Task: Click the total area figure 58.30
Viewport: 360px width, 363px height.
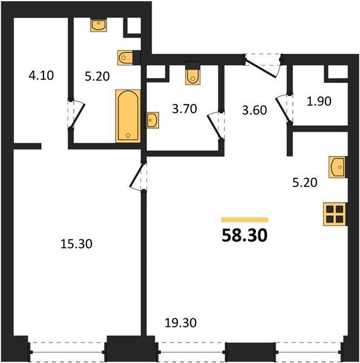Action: (244, 235)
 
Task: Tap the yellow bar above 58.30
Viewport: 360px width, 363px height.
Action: (244, 220)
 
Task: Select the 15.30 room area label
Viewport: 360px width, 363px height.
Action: (76, 244)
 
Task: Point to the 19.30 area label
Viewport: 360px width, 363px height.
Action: (180, 322)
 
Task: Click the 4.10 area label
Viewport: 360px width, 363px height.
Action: (41, 76)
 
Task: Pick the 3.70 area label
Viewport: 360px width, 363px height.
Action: (185, 109)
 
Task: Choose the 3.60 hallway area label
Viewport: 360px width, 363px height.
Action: (255, 110)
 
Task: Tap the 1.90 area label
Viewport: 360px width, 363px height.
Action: (319, 101)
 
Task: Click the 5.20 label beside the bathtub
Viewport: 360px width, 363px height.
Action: (97, 76)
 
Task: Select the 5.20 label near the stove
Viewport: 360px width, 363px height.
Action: (305, 183)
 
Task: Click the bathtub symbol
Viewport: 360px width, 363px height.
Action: (128, 116)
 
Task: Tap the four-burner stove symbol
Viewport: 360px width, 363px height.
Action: (335, 214)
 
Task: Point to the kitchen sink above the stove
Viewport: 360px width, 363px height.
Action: (338, 167)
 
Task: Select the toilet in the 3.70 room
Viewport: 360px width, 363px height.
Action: (192, 74)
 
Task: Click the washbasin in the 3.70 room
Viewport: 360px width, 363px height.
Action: (152, 120)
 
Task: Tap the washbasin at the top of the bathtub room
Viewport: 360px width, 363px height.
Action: (99, 25)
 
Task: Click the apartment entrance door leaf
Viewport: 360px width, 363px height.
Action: (261, 68)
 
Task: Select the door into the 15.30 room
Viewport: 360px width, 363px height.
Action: (136, 175)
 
